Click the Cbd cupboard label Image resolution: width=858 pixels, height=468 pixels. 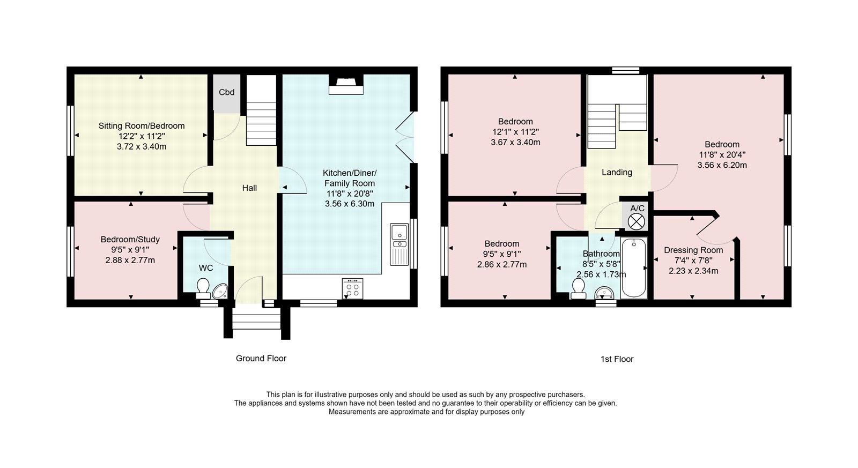click(x=226, y=92)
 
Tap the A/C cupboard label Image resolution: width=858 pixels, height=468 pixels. click(x=638, y=209)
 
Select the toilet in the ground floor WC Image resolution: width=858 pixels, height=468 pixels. click(x=203, y=288)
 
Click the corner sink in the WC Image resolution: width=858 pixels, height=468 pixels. click(x=220, y=291)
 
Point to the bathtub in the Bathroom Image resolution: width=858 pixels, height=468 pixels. click(x=634, y=268)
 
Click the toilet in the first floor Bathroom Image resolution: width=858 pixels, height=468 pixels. click(x=578, y=288)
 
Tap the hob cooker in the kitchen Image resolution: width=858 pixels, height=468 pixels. click(x=352, y=288)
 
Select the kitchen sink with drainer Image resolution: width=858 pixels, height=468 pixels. click(x=400, y=244)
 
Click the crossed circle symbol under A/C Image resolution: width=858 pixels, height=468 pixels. click(x=637, y=222)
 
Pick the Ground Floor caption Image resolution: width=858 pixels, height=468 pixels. click(x=261, y=359)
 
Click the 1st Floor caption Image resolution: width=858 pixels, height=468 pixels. click(x=617, y=359)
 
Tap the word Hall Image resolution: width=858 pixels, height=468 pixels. click(x=249, y=188)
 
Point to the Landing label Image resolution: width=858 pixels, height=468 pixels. click(x=617, y=172)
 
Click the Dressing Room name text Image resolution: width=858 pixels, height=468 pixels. click(x=693, y=250)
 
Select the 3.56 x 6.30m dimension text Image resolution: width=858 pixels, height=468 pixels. click(x=349, y=204)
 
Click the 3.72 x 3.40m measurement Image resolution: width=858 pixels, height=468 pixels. click(x=142, y=147)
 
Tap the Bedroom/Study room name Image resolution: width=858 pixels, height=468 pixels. click(x=130, y=240)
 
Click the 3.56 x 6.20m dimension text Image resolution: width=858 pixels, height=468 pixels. click(x=722, y=166)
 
